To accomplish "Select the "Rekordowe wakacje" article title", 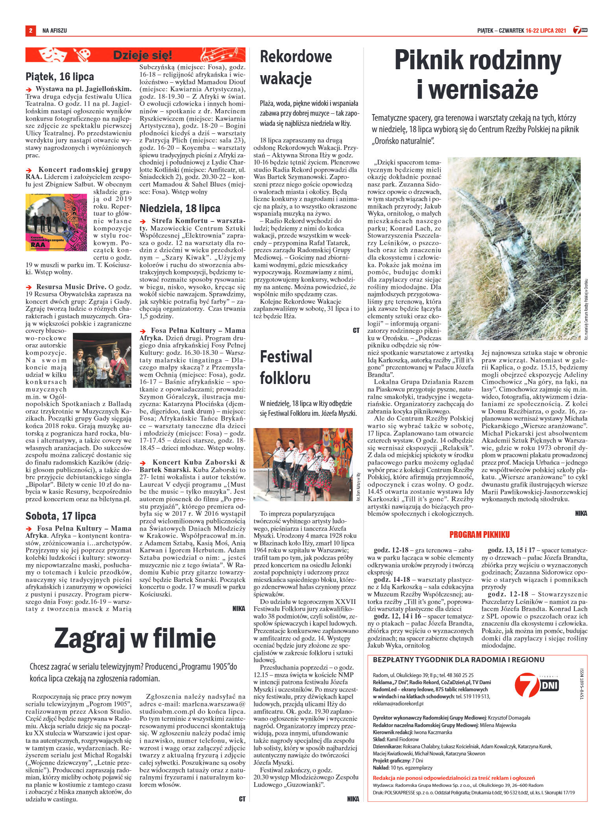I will pos(296,67).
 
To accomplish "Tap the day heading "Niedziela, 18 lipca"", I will pos(180,208).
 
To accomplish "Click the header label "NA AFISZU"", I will pos(55,30).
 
